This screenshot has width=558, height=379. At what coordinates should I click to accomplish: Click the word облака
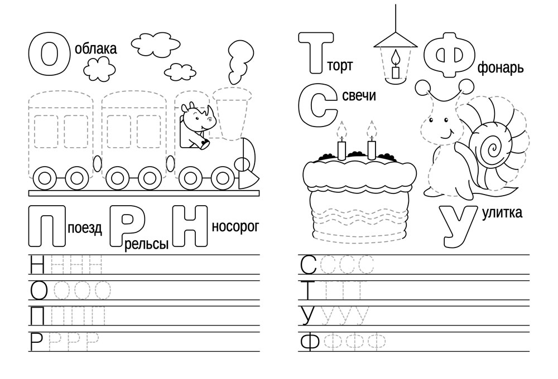point(96,48)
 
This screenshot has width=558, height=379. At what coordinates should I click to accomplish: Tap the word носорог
point(235,227)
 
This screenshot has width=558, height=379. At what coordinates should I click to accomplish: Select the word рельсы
point(146,245)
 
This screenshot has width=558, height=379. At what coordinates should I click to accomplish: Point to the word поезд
point(85,228)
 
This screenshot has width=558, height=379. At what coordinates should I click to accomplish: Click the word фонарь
point(501,68)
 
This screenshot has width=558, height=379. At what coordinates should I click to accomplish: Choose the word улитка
point(502,212)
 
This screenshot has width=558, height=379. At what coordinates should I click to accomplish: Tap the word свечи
point(359,95)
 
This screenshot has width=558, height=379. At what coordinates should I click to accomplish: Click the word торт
point(340,66)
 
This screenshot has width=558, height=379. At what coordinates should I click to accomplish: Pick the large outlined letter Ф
point(449,55)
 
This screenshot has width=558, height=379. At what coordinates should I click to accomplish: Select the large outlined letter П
point(47,226)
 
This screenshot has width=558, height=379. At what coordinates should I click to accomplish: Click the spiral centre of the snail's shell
point(493,148)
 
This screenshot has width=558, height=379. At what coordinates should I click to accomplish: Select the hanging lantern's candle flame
point(396,57)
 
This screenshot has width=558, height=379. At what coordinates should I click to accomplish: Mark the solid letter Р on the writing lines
point(36,342)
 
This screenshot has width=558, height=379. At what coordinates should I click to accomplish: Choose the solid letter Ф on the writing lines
point(310,342)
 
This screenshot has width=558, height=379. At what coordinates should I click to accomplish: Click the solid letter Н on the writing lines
point(37,265)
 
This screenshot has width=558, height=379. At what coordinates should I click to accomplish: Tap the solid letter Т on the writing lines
point(308,290)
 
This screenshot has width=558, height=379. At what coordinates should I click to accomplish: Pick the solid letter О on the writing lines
point(39,290)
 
